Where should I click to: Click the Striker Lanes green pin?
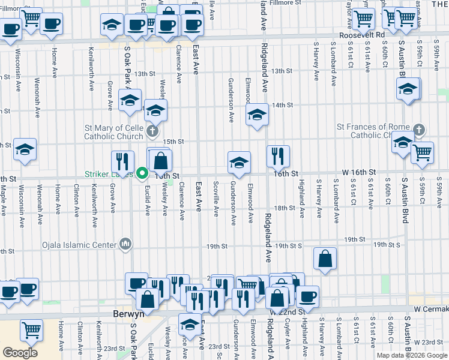point(142,174)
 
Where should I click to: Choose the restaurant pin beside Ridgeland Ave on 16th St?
point(278,156)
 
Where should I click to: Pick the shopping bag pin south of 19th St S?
point(325,259)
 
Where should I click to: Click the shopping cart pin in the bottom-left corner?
point(31,330)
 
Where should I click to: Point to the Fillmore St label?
point(285,3)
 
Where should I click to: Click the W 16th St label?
point(354,173)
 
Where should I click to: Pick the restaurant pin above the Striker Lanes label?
point(122,161)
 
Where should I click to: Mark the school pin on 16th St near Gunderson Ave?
point(239,162)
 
